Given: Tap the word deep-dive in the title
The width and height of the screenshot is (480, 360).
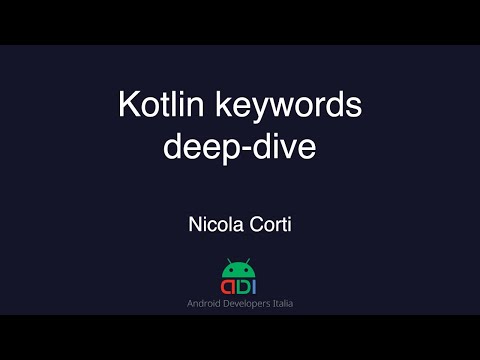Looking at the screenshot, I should pos(239,148).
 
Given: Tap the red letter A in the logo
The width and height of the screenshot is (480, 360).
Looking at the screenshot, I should pos(227,287).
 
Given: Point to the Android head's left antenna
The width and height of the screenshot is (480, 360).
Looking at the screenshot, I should pos(230,260).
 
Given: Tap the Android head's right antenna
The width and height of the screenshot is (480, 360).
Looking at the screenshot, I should pos(247,260).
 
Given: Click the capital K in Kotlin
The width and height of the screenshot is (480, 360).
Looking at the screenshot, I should pos(126,105).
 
